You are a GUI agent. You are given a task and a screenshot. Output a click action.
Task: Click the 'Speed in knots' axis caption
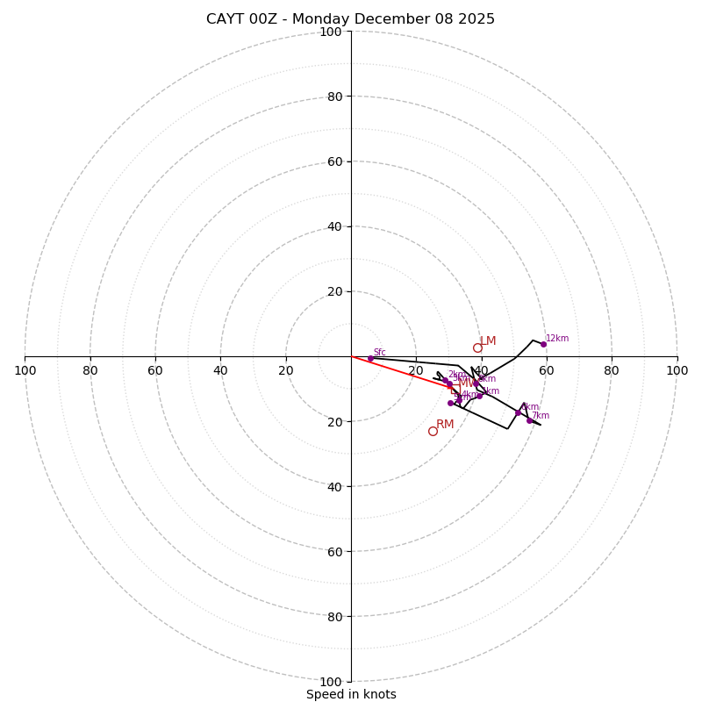(x=351, y=694)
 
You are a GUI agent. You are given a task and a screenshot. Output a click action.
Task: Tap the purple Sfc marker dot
(x=370, y=358)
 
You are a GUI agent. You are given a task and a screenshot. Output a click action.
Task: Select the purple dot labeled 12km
(x=543, y=344)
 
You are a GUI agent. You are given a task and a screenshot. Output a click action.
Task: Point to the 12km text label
(x=557, y=338)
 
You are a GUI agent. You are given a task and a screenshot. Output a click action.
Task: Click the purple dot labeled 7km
(x=529, y=420)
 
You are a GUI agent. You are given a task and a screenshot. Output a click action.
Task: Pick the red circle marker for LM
(x=477, y=347)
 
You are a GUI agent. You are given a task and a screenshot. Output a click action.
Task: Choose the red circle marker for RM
(x=433, y=431)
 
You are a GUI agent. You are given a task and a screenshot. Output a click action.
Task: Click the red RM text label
(x=445, y=425)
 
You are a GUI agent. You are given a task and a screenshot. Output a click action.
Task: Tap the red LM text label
(x=488, y=341)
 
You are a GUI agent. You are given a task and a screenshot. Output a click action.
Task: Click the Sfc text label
(x=379, y=352)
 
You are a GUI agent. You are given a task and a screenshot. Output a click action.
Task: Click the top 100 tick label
(x=331, y=32)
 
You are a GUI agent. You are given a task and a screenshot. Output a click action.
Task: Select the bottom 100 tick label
(x=331, y=682)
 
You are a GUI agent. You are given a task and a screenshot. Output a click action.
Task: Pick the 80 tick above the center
(x=334, y=97)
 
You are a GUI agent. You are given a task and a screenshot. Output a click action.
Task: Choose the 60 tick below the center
(x=334, y=552)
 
